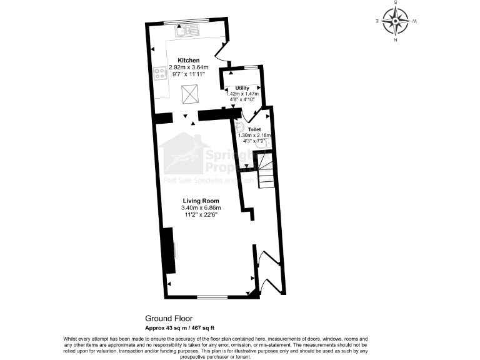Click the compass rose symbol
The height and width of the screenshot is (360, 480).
(x=396, y=21)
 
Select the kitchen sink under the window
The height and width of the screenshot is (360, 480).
(x=189, y=29)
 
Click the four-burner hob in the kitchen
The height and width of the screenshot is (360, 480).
(x=160, y=74)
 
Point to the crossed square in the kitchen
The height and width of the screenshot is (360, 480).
(x=190, y=94)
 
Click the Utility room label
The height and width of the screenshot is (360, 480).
(x=242, y=88)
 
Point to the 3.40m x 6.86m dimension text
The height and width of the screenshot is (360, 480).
(x=201, y=207)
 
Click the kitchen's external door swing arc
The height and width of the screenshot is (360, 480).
(x=222, y=52)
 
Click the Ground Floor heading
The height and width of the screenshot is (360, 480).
(x=166, y=318)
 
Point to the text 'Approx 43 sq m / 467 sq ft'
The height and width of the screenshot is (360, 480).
(x=179, y=326)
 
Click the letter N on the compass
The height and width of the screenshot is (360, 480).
(x=396, y=41)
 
